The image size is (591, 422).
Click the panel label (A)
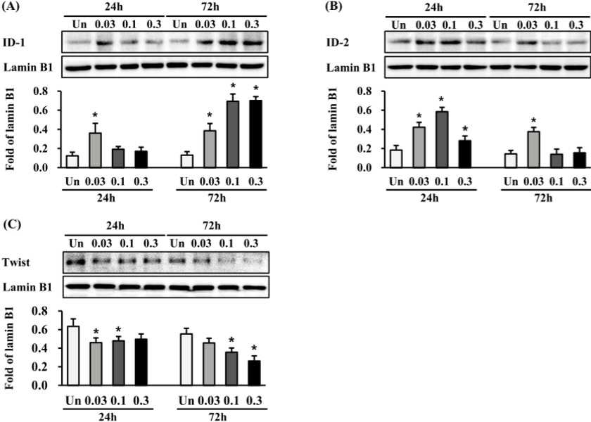coord(10,6)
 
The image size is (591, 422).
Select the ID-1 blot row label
coord(14,42)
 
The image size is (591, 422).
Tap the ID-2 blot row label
coord(337,42)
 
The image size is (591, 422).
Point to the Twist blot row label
coord(16,262)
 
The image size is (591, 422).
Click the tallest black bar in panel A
coord(255,134)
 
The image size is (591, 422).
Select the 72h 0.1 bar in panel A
coord(233,134)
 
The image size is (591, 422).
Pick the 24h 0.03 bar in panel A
coord(95,150)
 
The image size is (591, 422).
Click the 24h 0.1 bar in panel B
coord(442,139)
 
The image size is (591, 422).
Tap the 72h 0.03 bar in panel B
coord(533,149)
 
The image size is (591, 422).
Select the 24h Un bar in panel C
coord(73,356)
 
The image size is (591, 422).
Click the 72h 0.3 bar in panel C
coord(254,373)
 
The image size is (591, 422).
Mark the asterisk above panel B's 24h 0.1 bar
coord(442,100)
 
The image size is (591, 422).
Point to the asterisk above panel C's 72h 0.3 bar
coord(255,348)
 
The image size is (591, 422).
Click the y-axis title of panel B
coord(332,129)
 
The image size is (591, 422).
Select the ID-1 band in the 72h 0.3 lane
coord(252,43)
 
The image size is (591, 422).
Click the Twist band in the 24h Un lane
coord(76,262)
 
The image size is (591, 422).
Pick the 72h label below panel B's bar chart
coord(543,198)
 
